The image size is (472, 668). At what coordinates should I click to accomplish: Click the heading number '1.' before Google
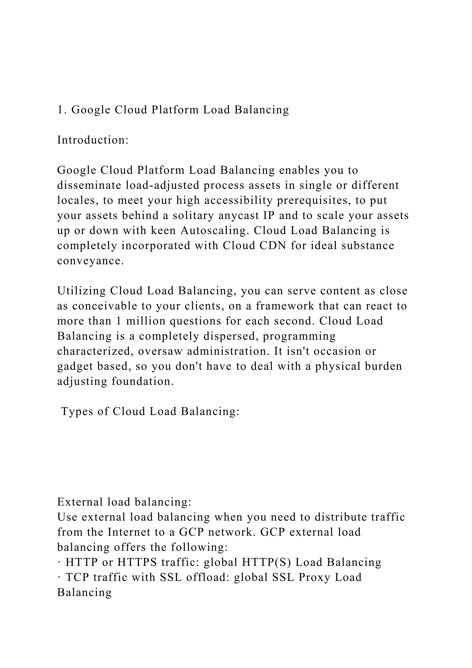tap(62, 110)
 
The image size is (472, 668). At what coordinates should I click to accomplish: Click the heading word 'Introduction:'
tap(93, 140)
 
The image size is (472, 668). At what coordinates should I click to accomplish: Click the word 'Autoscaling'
tap(214, 231)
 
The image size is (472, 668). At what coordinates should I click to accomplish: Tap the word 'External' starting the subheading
tap(80, 502)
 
